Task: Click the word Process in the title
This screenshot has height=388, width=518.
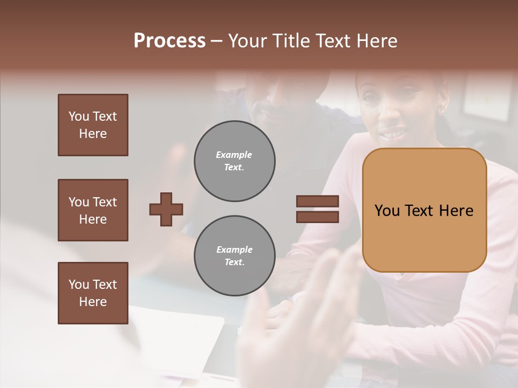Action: tap(169, 41)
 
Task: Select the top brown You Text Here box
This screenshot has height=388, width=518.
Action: tap(93, 125)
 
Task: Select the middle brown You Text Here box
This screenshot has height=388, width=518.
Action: tap(93, 210)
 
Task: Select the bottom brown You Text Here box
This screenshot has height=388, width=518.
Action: tap(93, 293)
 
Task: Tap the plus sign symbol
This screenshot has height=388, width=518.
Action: tap(166, 209)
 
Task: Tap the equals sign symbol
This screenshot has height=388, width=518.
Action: tap(317, 209)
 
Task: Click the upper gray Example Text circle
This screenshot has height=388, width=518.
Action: tap(234, 161)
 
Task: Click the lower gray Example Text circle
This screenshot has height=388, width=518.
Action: tap(234, 256)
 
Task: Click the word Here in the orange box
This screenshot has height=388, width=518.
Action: tap(456, 211)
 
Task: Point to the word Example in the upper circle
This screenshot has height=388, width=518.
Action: tap(234, 155)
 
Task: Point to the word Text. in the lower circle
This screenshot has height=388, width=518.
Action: tap(234, 262)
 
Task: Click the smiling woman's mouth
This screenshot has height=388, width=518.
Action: tap(392, 131)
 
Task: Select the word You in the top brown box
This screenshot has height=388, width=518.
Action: tap(78, 116)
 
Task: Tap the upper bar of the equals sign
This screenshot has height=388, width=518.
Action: tap(317, 202)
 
